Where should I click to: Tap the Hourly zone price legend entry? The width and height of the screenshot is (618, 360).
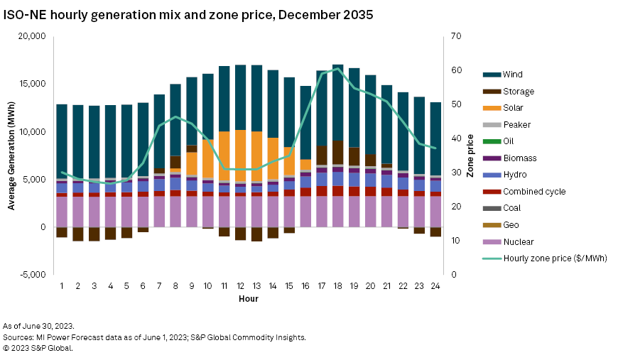click(x=554, y=258)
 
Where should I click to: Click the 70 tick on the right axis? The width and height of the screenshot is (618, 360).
click(x=456, y=36)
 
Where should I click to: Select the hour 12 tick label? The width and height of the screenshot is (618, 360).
click(x=240, y=285)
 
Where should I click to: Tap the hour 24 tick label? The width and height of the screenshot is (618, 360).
click(x=435, y=285)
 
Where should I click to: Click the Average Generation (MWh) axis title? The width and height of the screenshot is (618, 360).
click(x=11, y=156)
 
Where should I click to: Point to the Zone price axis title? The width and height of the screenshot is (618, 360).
click(x=470, y=156)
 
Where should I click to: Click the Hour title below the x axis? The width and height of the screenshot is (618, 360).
click(x=248, y=298)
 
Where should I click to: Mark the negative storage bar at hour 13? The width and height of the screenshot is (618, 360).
click(x=256, y=234)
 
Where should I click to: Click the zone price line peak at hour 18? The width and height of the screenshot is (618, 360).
click(x=338, y=68)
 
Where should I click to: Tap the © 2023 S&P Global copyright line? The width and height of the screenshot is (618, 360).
click(x=38, y=348)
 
